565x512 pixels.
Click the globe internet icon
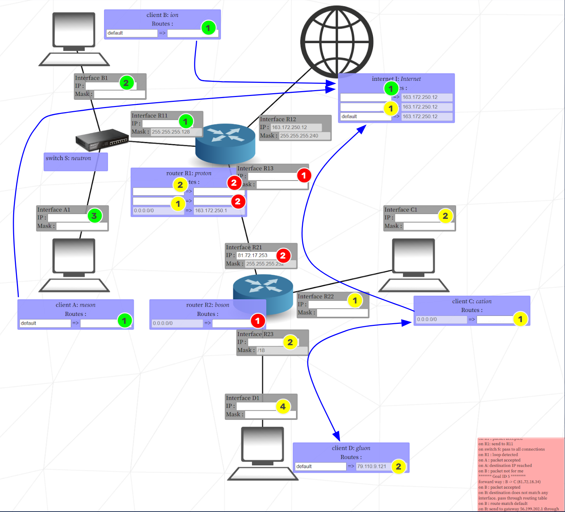pos(336,42)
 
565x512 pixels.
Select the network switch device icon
pos(102,140)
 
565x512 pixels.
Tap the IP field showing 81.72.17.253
pos(256,255)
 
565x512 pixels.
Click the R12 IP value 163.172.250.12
pos(296,127)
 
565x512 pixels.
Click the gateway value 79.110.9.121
pos(373,466)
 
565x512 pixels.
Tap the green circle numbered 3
pos(94,216)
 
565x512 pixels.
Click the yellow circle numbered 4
pos(283,406)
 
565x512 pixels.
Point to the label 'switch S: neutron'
pos(68,158)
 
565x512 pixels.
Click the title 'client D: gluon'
pos(351,448)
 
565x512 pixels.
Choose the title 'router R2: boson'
pos(207,305)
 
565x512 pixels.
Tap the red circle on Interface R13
pos(304,175)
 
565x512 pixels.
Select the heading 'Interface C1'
pos(401,210)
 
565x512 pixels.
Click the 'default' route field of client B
pos(131,33)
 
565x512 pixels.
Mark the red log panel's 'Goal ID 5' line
pos(501,476)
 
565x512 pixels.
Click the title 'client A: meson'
pos(75,305)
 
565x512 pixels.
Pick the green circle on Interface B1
pos(126,83)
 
